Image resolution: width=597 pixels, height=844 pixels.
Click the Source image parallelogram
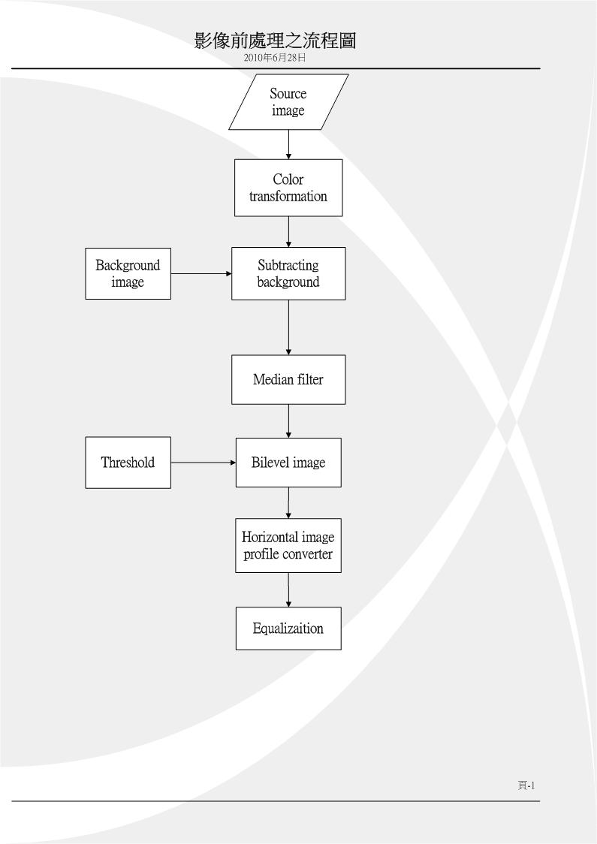tap(288, 101)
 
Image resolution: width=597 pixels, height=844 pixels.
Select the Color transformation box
tap(288, 188)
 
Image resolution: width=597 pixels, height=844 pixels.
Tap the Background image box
tap(128, 273)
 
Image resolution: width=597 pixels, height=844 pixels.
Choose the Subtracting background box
tap(288, 273)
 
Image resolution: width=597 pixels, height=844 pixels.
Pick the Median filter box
tap(288, 379)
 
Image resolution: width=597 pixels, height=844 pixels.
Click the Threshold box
tap(128, 463)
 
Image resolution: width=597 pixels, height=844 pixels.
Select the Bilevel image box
tap(288, 463)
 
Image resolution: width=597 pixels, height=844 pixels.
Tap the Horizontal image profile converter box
tap(288, 545)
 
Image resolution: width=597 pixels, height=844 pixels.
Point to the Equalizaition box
tap(288, 628)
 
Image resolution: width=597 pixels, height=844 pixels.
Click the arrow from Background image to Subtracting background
tap(201, 273)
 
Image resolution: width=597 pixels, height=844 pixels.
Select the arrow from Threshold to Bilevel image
tap(204, 463)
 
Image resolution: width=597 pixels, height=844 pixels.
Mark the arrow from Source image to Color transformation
tap(288, 144)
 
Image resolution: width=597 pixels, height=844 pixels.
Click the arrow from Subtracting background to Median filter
tap(288, 327)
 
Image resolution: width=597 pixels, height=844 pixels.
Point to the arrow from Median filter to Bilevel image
tap(288, 421)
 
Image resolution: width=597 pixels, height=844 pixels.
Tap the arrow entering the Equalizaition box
tap(288, 590)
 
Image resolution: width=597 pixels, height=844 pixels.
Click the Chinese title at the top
tap(275, 41)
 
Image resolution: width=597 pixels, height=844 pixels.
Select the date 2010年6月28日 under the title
tap(275, 58)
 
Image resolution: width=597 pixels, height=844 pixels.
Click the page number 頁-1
tap(526, 785)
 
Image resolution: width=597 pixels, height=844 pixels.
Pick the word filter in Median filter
tap(309, 379)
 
